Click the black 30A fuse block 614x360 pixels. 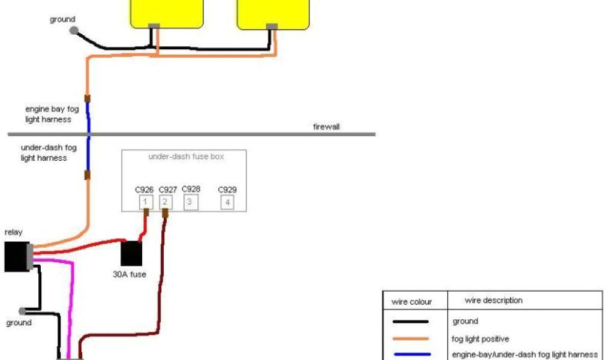click(x=131, y=254)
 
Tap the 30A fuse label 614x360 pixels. click(x=130, y=275)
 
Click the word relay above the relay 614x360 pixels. click(x=13, y=232)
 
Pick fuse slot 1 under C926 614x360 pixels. click(x=145, y=202)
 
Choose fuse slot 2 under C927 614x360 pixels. click(x=165, y=202)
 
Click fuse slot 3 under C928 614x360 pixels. click(x=189, y=202)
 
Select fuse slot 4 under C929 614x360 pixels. click(x=227, y=202)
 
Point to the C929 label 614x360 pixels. click(x=227, y=190)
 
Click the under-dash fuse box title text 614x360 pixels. click(x=186, y=157)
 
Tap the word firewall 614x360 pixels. click(x=326, y=127)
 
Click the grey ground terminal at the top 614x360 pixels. click(x=74, y=30)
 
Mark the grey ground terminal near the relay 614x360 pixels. click(x=23, y=311)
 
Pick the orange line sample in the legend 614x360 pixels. click(x=411, y=338)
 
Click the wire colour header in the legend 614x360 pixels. click(x=411, y=301)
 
